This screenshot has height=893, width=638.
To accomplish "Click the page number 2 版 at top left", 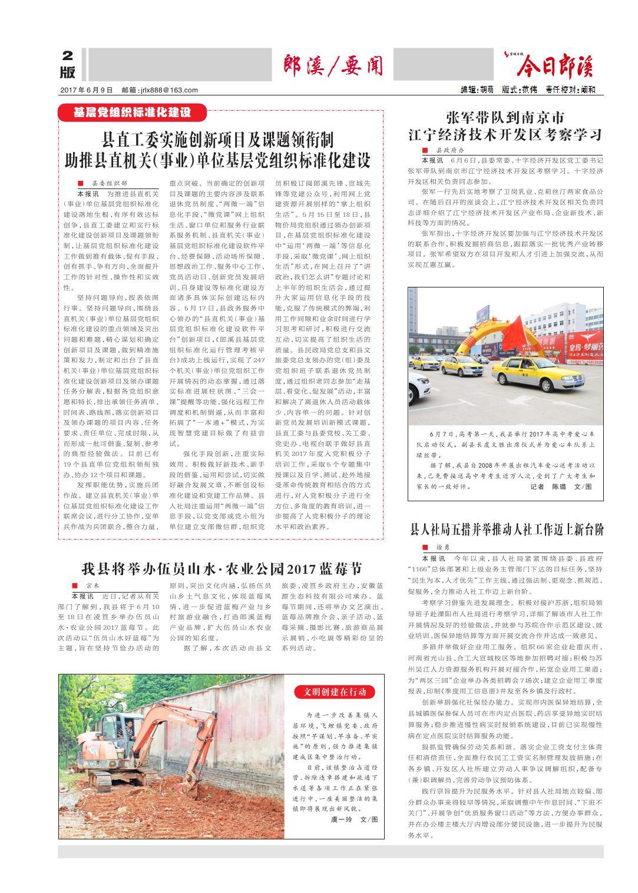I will tap(68, 64).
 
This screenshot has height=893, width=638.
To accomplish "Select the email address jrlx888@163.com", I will tap(160, 90).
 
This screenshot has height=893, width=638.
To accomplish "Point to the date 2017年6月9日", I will tap(86, 90).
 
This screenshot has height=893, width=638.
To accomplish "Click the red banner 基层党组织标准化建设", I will tap(132, 112).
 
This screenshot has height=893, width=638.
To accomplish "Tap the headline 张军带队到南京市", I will tap(505, 115).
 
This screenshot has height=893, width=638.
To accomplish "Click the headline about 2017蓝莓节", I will tap(221, 569).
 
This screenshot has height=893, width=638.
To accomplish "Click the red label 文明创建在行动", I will tap(335, 692).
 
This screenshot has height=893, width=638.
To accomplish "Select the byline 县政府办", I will tap(452, 151).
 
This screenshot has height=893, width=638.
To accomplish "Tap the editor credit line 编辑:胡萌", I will tap(478, 90).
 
